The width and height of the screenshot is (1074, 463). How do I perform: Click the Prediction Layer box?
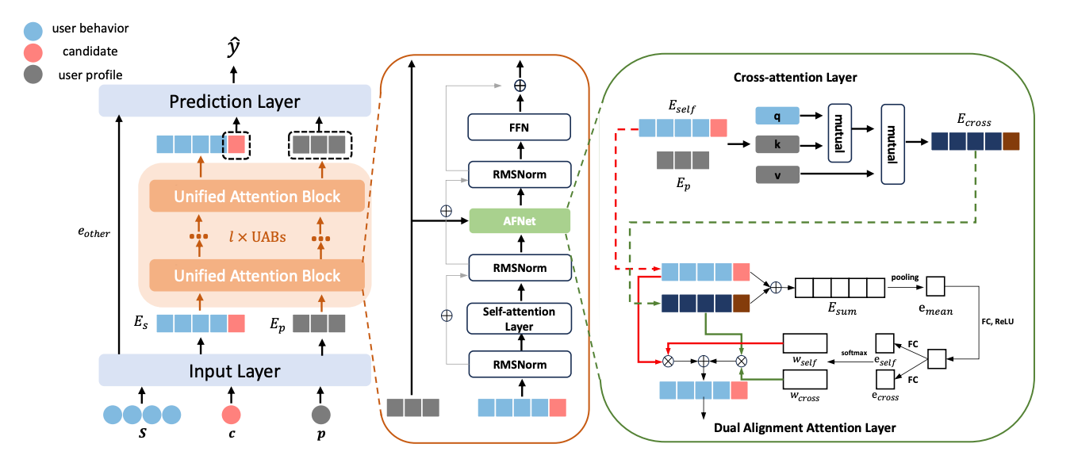click(235, 102)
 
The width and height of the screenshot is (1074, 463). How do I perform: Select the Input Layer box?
click(235, 370)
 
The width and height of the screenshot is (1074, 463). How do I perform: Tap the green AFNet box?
click(520, 222)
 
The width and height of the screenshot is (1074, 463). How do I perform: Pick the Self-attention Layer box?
click(520, 318)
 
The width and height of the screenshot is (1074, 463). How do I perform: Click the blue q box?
click(777, 116)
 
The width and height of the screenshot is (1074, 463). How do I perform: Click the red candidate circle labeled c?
click(232, 414)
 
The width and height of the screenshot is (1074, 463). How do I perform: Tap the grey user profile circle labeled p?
click(321, 414)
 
